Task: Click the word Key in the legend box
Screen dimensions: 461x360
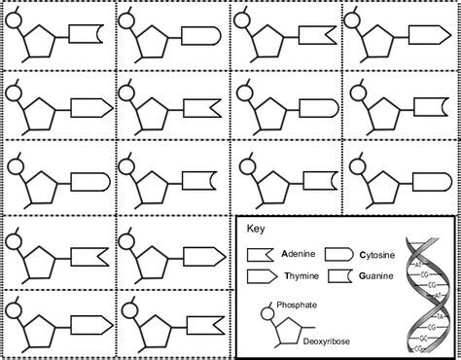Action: tap(254, 231)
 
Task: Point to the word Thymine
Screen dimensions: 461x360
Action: tap(299, 275)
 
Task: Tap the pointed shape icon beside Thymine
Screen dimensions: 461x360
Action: tap(262, 275)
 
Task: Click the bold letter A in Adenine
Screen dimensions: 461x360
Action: tap(284, 252)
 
